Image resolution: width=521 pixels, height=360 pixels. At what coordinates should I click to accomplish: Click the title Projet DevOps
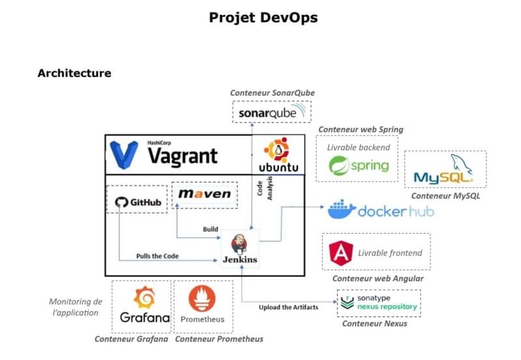[x=263, y=18]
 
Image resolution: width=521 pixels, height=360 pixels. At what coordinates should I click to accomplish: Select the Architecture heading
[x=74, y=73]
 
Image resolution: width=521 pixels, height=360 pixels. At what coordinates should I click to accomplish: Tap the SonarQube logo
[x=272, y=113]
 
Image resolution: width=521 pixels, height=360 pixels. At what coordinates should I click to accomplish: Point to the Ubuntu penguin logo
[x=279, y=150]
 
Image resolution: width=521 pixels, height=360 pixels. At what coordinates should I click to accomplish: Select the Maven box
[x=204, y=194]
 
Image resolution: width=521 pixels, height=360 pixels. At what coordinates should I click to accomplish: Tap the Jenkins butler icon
[x=240, y=242]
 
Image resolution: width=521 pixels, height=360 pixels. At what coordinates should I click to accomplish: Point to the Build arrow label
[x=210, y=229]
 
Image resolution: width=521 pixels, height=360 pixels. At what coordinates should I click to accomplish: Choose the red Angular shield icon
[x=341, y=253]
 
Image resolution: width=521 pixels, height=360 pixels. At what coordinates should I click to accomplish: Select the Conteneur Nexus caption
[x=374, y=324]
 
